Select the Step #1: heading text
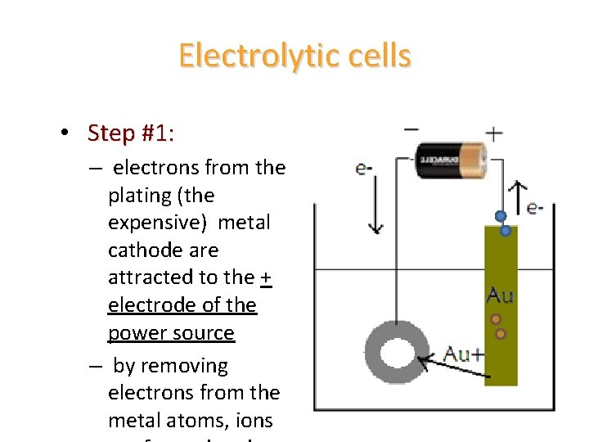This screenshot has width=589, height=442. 131,133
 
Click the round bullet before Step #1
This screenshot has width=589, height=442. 64,133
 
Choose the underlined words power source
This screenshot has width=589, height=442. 171,333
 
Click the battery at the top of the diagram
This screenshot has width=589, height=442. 451,160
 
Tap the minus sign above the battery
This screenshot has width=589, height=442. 412,129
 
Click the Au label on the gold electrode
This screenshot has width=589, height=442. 500,294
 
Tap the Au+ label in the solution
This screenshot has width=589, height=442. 463,354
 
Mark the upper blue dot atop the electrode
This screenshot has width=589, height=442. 499,217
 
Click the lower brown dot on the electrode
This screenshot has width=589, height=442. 501,333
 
